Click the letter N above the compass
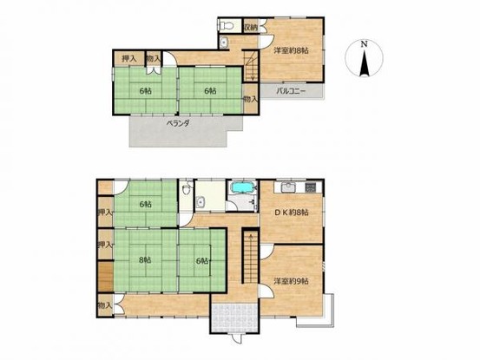tap(364, 44)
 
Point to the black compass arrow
tap(364, 63)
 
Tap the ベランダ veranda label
tap(179, 123)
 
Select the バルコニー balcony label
tap(291, 91)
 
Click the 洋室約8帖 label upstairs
tap(291, 51)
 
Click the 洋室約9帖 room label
tap(291, 281)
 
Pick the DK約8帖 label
tap(291, 213)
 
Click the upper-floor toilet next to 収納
tap(227, 26)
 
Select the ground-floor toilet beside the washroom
tap(186, 190)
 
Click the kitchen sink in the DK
tap(289, 187)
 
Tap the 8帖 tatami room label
tap(145, 260)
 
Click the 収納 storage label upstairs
tap(252, 27)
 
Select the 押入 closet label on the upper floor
tap(128, 58)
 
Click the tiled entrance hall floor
tap(235, 318)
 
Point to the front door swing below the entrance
tap(236, 338)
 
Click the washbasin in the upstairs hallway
tap(224, 43)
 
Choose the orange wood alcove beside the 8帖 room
tap(106, 276)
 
